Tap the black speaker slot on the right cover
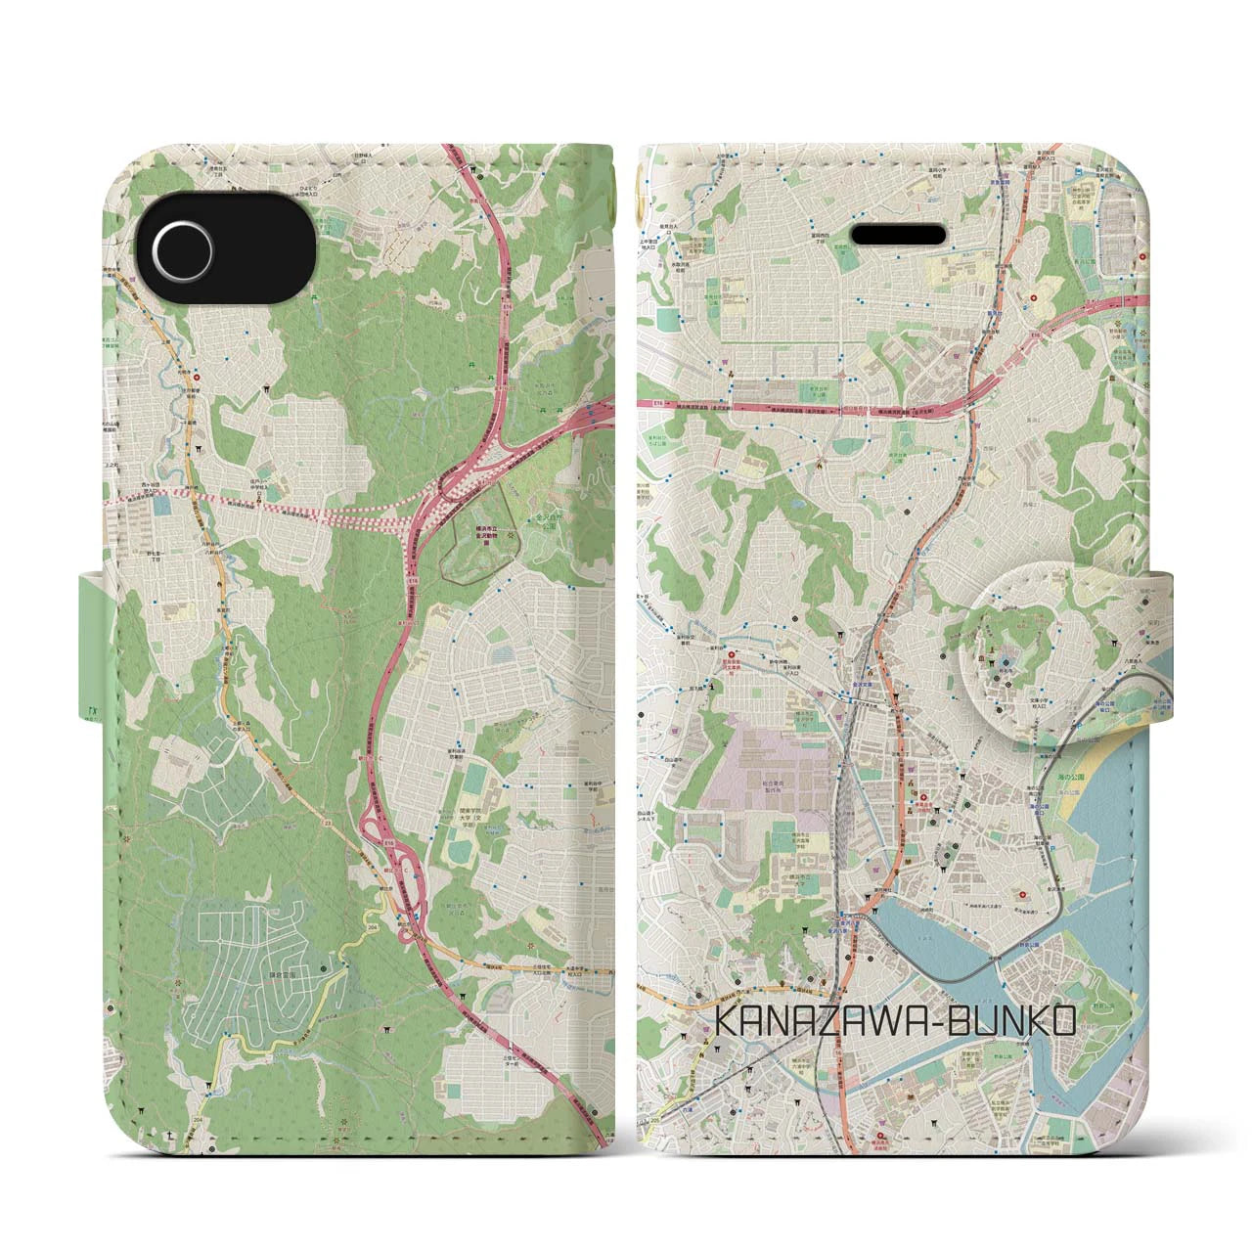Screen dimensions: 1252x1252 pyautogui.click(x=899, y=235)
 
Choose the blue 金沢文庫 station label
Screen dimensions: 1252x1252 pyautogui.click(x=865, y=685)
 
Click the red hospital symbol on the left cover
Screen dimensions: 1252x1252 pyautogui.click(x=197, y=376)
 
